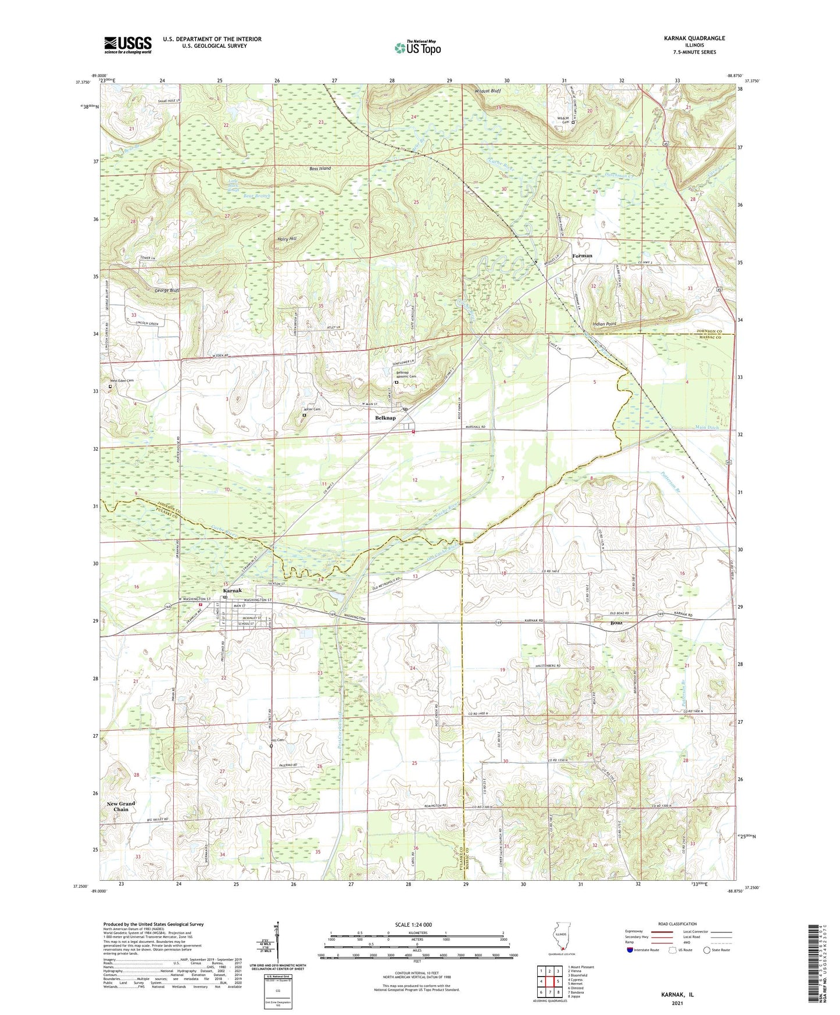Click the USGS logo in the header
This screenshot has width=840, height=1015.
pos(128,45)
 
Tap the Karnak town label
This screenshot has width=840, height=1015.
pos(233,591)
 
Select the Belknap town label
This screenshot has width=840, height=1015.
pos(385,418)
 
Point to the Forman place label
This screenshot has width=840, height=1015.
pos(582,256)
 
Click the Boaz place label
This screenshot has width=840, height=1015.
pos(616,623)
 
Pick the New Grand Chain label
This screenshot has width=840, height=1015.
pos(121,806)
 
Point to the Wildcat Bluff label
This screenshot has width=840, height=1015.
pos(487,91)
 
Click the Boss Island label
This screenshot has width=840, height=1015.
pos(320,169)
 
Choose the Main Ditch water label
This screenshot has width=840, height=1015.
pos(707,427)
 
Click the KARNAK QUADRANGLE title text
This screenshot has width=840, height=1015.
pos(694,38)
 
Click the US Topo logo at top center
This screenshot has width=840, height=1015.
pos(417,47)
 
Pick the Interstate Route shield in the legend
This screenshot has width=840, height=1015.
pos(630,950)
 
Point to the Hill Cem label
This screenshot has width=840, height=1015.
pos(277,740)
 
